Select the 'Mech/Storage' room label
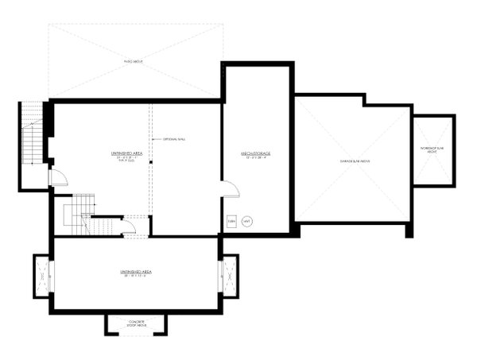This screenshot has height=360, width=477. point(257,153)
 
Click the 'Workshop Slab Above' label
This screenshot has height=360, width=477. point(433,150)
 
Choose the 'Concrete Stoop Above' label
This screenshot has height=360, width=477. point(135,323)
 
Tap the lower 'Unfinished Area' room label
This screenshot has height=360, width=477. point(136,272)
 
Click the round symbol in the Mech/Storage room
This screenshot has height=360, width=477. point(246,221)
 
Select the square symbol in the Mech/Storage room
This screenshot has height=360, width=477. point(232,221)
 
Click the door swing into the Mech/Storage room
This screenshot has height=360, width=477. point(230,189)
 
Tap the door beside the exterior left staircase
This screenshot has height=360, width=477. point(57,177)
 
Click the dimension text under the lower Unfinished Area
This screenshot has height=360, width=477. point(136,277)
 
